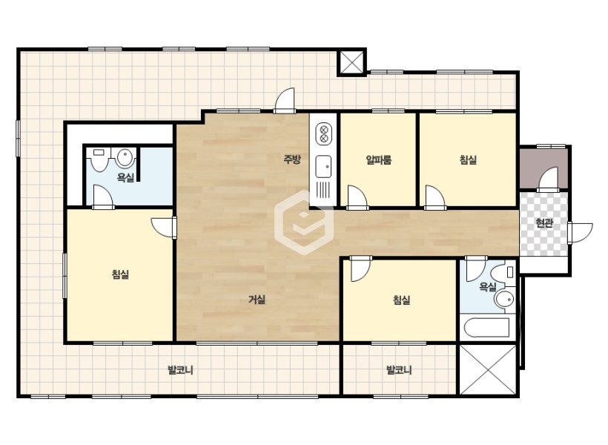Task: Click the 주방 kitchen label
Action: pyautogui.click(x=292, y=159)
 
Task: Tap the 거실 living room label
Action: pyautogui.click(x=257, y=300)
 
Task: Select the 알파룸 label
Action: pyautogui.click(x=378, y=160)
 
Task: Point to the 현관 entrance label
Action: pyautogui.click(x=543, y=222)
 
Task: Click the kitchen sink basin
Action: pyautogui.click(x=323, y=166)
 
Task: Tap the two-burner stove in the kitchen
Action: pyautogui.click(x=323, y=133)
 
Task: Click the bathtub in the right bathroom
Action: pyautogui.click(x=486, y=328)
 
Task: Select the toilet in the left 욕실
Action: pyautogui.click(x=99, y=159)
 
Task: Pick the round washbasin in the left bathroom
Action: pyautogui.click(x=125, y=157)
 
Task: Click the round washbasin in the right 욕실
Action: pyautogui.click(x=504, y=299)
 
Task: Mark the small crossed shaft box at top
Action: pyautogui.click(x=351, y=62)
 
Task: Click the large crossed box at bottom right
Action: pyautogui.click(x=488, y=369)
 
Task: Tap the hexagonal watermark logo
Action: pyautogui.click(x=303, y=222)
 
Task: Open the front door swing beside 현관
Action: pyautogui.click(x=580, y=233)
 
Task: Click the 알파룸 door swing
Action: pyautogui.click(x=357, y=198)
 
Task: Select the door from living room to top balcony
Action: pyautogui.click(x=285, y=100)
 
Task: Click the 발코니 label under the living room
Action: pyautogui.click(x=180, y=370)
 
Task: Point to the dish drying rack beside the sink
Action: pyautogui.click(x=323, y=190)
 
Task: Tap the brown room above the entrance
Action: pyautogui.click(x=543, y=167)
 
